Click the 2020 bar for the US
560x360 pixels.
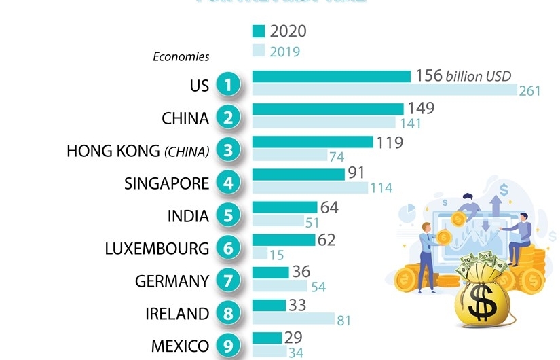click(x=331, y=76)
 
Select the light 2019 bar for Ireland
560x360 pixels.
click(x=293, y=319)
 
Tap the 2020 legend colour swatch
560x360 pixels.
click(x=258, y=31)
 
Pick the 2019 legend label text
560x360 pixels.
click(x=285, y=52)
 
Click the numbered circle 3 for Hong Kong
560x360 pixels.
click(x=229, y=150)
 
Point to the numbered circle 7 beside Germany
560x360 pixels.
click(x=229, y=281)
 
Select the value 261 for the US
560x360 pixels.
click(x=529, y=90)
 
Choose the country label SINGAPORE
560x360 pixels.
click(x=166, y=183)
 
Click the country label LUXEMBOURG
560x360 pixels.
click(x=157, y=249)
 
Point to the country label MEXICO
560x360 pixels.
click(x=180, y=346)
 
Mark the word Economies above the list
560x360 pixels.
click(x=181, y=57)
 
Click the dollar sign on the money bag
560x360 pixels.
click(x=483, y=307)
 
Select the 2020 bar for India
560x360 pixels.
click(x=284, y=207)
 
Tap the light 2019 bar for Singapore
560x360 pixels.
click(x=310, y=187)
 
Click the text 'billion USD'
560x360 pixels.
click(x=479, y=76)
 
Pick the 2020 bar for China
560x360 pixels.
click(x=328, y=109)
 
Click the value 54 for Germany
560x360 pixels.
click(x=318, y=287)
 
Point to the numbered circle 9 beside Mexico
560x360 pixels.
click(x=229, y=346)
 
